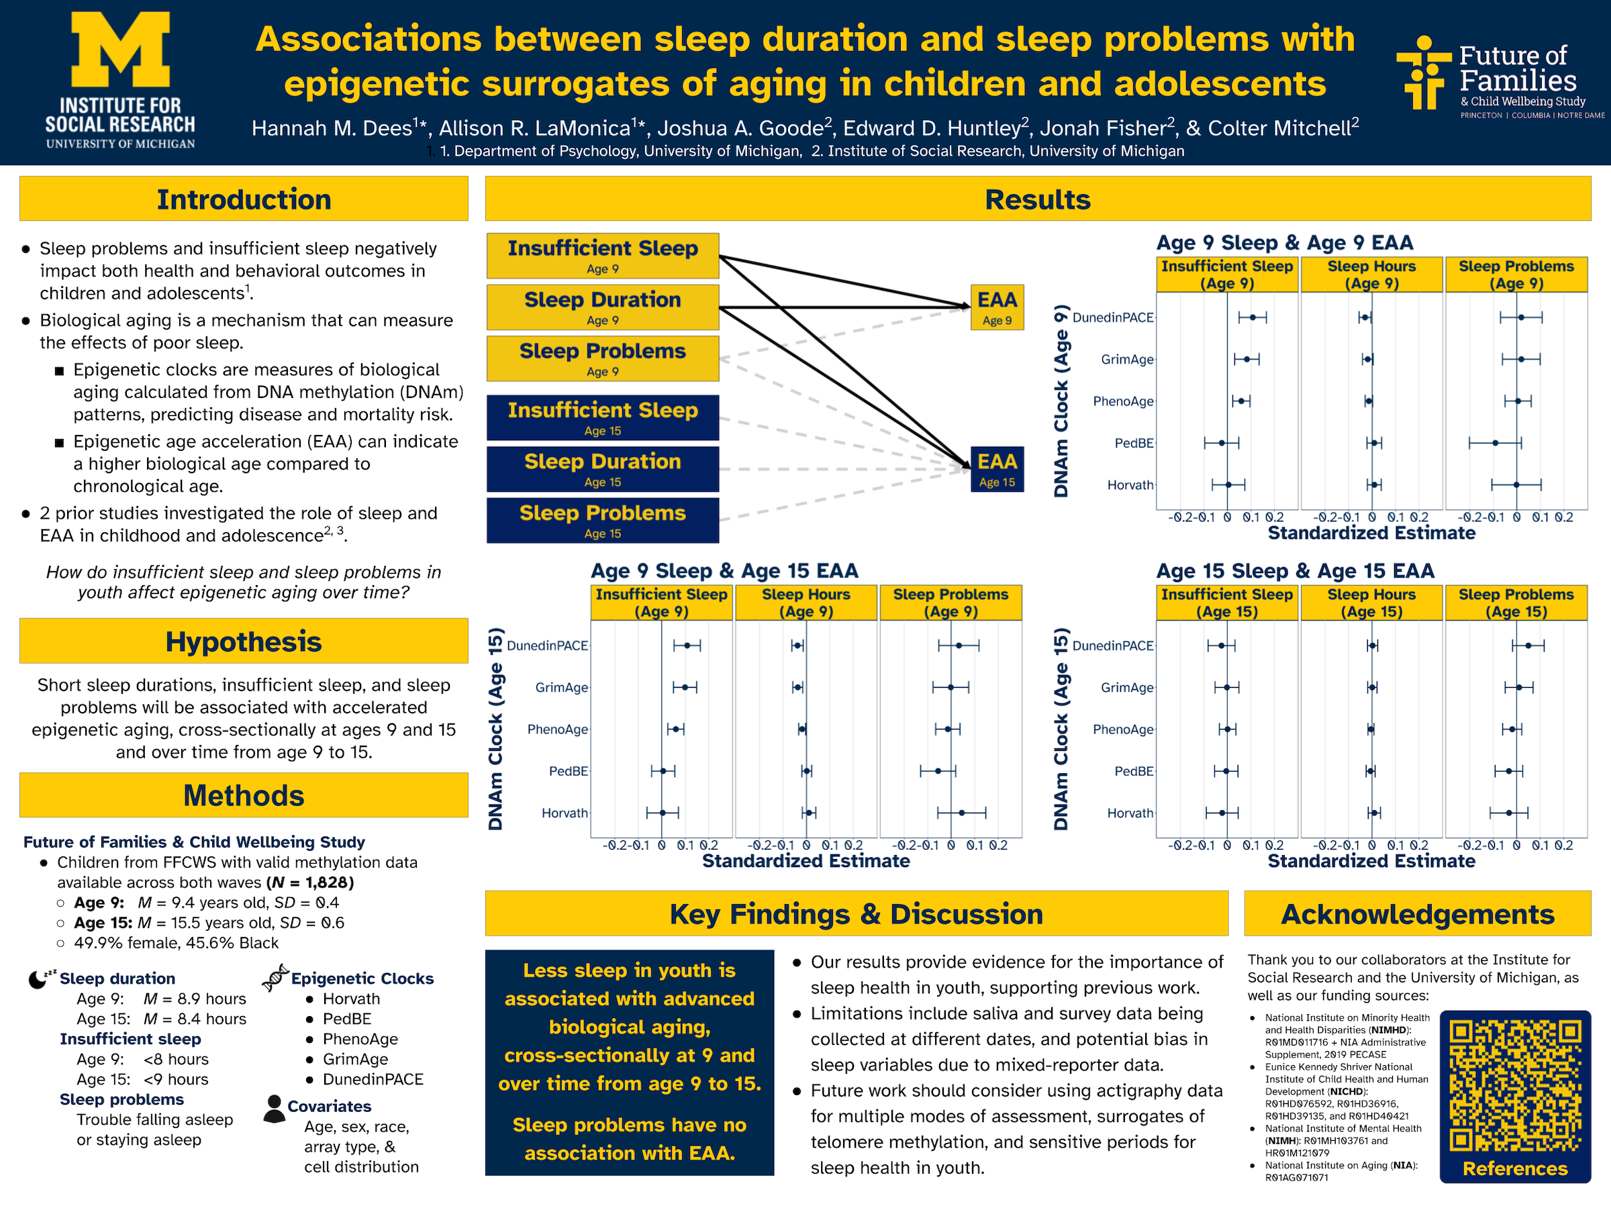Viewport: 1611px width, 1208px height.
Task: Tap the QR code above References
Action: (1515, 1085)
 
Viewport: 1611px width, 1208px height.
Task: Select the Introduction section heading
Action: (243, 199)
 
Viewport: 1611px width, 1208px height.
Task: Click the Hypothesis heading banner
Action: (243, 642)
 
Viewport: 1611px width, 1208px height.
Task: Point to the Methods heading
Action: (243, 795)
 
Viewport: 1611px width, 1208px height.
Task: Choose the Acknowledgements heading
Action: (1416, 914)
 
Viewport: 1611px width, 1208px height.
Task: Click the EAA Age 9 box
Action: (996, 307)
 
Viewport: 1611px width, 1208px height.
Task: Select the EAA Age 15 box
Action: (996, 469)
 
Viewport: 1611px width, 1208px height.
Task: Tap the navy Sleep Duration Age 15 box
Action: (602, 469)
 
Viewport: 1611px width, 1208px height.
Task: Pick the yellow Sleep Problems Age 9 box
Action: (602, 358)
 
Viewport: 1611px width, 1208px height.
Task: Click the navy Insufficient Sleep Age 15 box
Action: (602, 417)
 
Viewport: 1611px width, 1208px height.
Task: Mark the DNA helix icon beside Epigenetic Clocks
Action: (275, 977)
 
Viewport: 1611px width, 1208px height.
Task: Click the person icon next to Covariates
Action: (274, 1108)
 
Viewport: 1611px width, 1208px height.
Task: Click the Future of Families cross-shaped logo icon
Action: (1422, 72)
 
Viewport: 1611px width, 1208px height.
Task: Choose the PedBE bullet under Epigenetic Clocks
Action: (346, 1019)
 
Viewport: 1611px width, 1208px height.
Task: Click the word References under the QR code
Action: (1515, 1168)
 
